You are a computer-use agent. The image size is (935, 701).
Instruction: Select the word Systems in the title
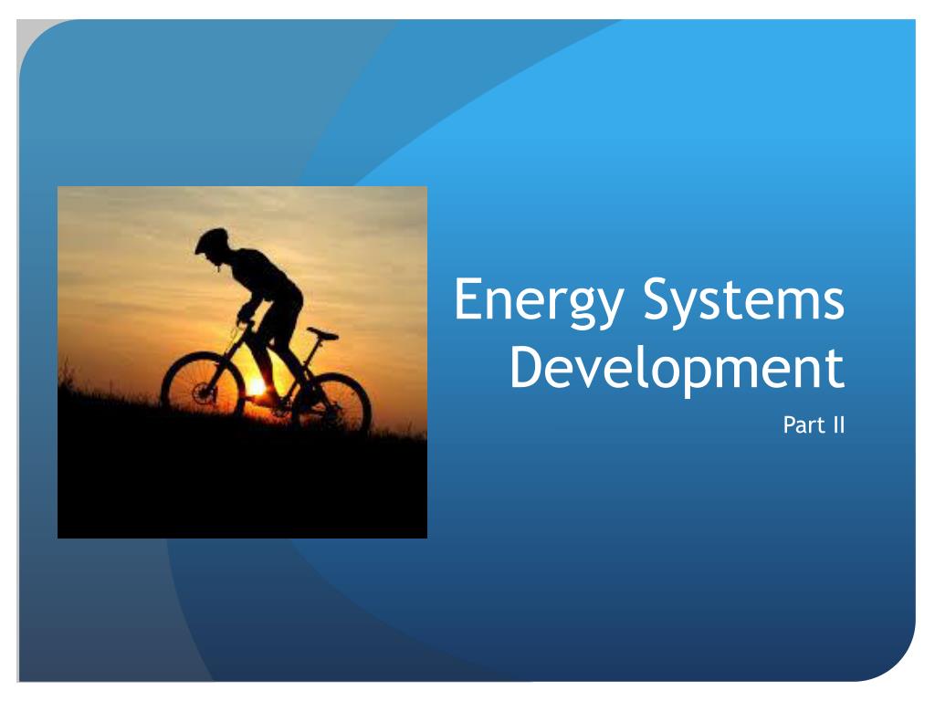click(743, 302)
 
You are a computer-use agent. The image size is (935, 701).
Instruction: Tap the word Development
click(676, 371)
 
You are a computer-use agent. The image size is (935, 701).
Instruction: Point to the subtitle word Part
click(801, 424)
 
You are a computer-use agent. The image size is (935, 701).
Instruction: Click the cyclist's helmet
click(212, 240)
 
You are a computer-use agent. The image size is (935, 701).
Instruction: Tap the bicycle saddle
click(321, 333)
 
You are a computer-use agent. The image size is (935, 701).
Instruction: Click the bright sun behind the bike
click(258, 387)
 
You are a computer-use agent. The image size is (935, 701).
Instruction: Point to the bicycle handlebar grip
click(244, 319)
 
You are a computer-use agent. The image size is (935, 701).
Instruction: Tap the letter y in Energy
click(606, 310)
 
